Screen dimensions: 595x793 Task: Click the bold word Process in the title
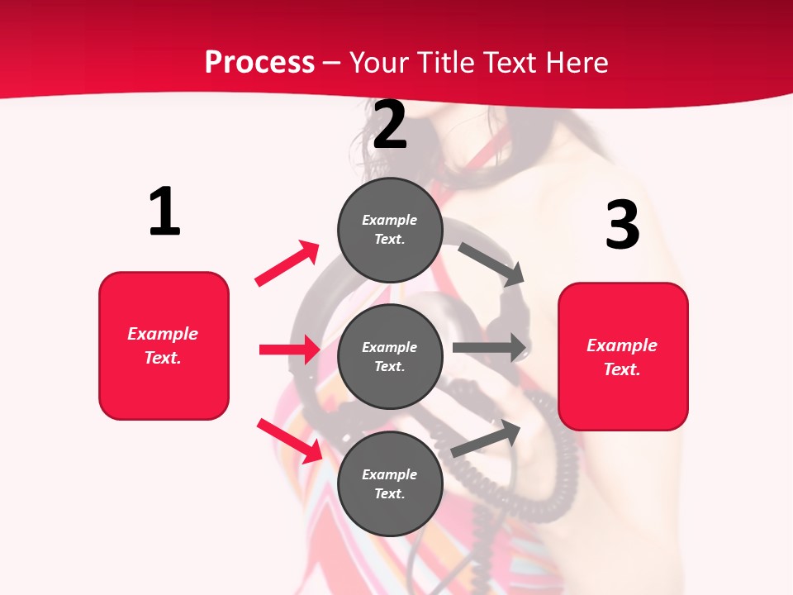tap(259, 62)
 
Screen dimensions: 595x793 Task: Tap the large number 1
tap(164, 212)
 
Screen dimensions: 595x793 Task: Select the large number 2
tap(390, 125)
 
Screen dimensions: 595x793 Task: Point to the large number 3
tap(622, 224)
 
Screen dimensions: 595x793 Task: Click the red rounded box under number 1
tap(164, 345)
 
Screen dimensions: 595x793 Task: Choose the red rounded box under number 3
tap(623, 356)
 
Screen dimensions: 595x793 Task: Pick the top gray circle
tap(390, 230)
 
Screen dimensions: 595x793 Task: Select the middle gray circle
tap(390, 356)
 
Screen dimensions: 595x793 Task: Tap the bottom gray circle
tap(390, 483)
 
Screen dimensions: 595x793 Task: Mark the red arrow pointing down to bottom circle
tap(290, 441)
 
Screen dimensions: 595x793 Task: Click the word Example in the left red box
tap(163, 334)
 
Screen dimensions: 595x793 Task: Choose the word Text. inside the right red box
tap(622, 369)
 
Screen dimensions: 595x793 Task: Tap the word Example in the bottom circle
tap(390, 474)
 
